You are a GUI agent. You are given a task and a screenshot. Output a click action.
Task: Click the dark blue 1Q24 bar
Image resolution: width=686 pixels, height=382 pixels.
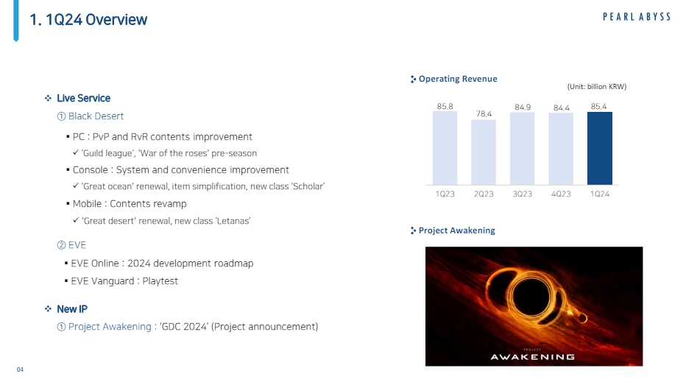pos(599,149)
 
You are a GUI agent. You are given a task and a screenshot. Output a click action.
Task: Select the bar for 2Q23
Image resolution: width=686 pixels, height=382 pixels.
pos(484,152)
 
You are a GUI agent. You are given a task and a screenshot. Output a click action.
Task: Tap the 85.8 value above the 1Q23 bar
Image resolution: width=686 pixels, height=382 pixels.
pos(445,106)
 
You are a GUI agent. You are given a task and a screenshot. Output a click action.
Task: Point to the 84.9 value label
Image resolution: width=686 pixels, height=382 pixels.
pos(523,107)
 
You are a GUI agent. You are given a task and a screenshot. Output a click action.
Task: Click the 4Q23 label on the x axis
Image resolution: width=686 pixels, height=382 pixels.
pos(561,194)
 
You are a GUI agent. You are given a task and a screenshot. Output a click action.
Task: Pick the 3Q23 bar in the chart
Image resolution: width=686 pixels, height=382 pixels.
pos(522,149)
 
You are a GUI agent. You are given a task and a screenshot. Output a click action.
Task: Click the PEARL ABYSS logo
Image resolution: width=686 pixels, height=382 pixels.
pos(637,17)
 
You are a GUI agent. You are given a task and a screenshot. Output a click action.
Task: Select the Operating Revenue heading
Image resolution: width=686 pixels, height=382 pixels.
pos(458,79)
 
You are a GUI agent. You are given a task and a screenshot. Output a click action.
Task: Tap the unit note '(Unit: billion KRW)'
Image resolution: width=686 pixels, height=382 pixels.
pos(597,87)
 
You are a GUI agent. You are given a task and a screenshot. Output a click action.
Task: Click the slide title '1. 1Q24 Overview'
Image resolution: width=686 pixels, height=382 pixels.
pos(88,20)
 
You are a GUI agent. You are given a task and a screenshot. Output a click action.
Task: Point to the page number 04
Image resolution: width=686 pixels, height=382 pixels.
pos(20,369)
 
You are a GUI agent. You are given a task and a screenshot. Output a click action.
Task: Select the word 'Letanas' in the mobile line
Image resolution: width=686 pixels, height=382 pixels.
pos(233,221)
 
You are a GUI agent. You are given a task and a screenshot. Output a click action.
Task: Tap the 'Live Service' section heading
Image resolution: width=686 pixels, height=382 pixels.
pos(84,98)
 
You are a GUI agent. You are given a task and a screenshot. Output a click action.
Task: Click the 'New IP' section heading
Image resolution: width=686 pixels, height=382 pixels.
pos(72,309)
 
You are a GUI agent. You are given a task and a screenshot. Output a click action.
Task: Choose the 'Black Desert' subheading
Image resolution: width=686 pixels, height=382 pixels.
pos(96,116)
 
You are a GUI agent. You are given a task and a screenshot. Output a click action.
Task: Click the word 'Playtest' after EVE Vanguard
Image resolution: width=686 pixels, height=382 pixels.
pos(160,281)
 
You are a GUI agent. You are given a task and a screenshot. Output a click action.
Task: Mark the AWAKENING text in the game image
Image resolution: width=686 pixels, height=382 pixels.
pos(532,357)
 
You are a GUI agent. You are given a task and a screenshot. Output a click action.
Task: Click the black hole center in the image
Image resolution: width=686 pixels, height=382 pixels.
pos(531,297)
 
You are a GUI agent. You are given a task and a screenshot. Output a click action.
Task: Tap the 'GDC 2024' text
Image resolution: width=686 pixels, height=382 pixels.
pos(184,326)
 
